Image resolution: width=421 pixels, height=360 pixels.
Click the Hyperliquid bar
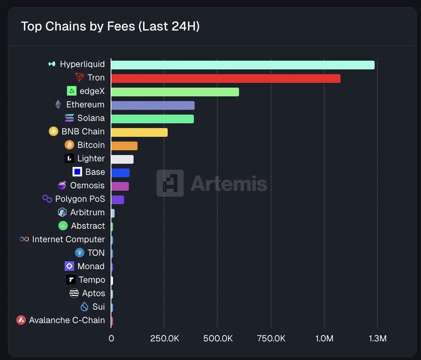click(x=243, y=65)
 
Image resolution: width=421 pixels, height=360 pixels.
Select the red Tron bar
click(x=226, y=79)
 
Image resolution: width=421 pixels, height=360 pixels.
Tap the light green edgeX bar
click(x=175, y=92)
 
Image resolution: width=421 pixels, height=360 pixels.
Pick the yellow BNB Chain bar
click(x=139, y=132)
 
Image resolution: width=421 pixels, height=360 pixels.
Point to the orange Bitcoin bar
click(x=124, y=146)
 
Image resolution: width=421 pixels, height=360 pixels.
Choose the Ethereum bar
click(x=153, y=105)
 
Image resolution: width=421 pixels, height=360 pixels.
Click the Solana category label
click(x=91, y=118)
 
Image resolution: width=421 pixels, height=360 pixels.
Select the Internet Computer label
click(x=68, y=239)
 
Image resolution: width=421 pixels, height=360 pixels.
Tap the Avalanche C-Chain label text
click(x=67, y=320)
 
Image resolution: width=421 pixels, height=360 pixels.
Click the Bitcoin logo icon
click(x=69, y=145)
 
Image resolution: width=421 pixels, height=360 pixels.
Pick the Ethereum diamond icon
click(x=58, y=105)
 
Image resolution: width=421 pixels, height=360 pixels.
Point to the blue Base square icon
click(x=77, y=172)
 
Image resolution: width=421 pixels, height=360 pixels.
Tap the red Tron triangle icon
click(x=80, y=78)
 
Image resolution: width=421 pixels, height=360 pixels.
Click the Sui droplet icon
click(x=84, y=307)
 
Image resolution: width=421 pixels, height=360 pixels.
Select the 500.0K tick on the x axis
click(x=218, y=339)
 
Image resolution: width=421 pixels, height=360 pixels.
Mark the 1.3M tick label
click(x=377, y=339)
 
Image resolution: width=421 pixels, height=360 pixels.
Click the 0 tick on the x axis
click(x=111, y=339)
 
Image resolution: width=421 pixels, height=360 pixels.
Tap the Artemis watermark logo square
click(x=170, y=183)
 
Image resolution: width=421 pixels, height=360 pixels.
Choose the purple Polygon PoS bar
click(x=117, y=200)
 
